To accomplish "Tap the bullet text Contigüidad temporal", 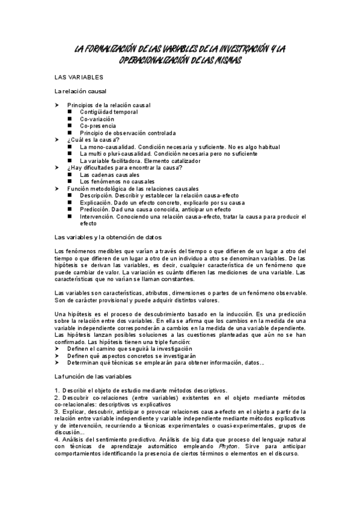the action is [108, 112].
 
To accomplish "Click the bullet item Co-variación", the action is [97, 119].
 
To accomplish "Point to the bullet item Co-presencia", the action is [96, 126].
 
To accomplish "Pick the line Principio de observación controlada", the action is [127, 133].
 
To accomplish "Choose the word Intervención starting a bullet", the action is [97, 217].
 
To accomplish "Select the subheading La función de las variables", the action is [93, 376].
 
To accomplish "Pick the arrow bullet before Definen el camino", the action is [56, 349].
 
